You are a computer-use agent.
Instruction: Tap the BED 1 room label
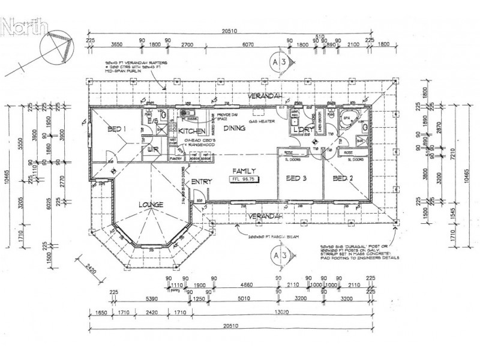tap(116, 130)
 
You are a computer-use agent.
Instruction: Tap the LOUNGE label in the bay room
tap(152, 205)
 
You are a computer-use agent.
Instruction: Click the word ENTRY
tap(200, 182)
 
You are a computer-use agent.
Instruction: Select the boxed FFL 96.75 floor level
tap(246, 179)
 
